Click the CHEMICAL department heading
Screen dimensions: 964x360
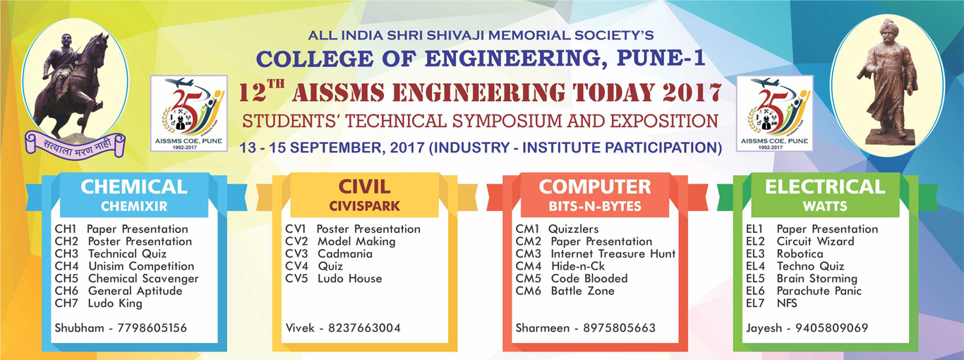pos(134,187)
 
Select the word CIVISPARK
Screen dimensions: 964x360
pos(365,206)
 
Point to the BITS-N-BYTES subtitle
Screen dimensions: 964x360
pos(595,206)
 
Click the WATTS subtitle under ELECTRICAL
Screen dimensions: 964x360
pos(825,206)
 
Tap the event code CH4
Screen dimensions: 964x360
pos(67,266)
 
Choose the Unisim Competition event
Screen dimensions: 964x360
pos(141,267)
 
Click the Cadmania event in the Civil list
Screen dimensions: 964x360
pos(345,253)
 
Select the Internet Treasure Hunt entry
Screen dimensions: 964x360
pos(613,254)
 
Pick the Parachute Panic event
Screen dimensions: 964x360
pos(819,291)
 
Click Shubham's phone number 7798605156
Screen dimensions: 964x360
pos(152,328)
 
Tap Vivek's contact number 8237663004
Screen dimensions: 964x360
pos(365,328)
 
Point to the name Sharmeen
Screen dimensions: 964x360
pos(542,328)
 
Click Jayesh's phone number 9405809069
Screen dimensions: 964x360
pos(831,328)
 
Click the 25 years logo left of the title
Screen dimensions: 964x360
pos(189,113)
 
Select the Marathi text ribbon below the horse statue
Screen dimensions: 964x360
pos(75,146)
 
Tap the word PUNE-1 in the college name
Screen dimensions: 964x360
pos(661,59)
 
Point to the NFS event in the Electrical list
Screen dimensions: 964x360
pos(787,304)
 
